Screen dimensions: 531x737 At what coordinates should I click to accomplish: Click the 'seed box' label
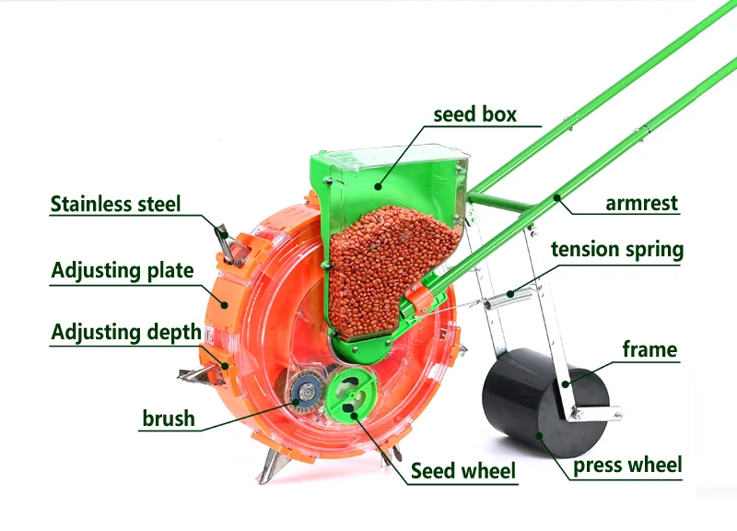pyautogui.click(x=474, y=115)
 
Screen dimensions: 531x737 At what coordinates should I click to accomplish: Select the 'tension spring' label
pyautogui.click(x=617, y=250)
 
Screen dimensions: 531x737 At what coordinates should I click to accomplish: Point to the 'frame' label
pyautogui.click(x=649, y=349)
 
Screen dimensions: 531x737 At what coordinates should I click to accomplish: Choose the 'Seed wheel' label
pyautogui.click(x=463, y=471)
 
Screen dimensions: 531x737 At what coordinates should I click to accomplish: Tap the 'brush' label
pyautogui.click(x=169, y=419)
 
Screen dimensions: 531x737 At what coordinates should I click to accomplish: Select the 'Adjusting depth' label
pyautogui.click(x=125, y=332)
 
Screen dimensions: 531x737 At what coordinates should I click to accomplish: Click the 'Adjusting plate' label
pyautogui.click(x=123, y=271)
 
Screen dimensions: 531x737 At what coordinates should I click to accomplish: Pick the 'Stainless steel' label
pyautogui.click(x=116, y=204)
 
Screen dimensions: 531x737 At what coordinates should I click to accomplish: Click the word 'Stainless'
pyautogui.click(x=90, y=204)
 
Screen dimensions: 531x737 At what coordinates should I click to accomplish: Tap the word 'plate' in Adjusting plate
pyautogui.click(x=167, y=271)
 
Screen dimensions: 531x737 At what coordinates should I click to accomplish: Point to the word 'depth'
pyautogui.click(x=170, y=332)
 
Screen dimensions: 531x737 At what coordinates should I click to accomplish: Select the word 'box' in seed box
pyautogui.click(x=498, y=115)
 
